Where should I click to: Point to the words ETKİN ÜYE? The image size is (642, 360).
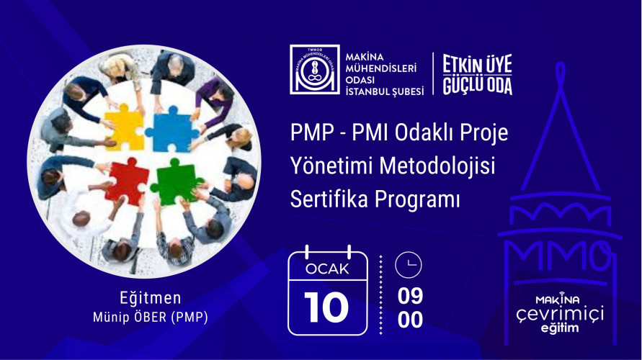pyautogui.click(x=477, y=64)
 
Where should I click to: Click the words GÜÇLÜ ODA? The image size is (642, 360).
pyautogui.click(x=477, y=85)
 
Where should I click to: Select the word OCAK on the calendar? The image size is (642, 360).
pyautogui.click(x=327, y=269)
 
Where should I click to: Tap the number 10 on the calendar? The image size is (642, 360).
pyautogui.click(x=327, y=307)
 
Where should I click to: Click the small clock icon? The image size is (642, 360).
pyautogui.click(x=409, y=266)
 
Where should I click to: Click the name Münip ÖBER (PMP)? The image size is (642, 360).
pyautogui.click(x=151, y=317)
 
